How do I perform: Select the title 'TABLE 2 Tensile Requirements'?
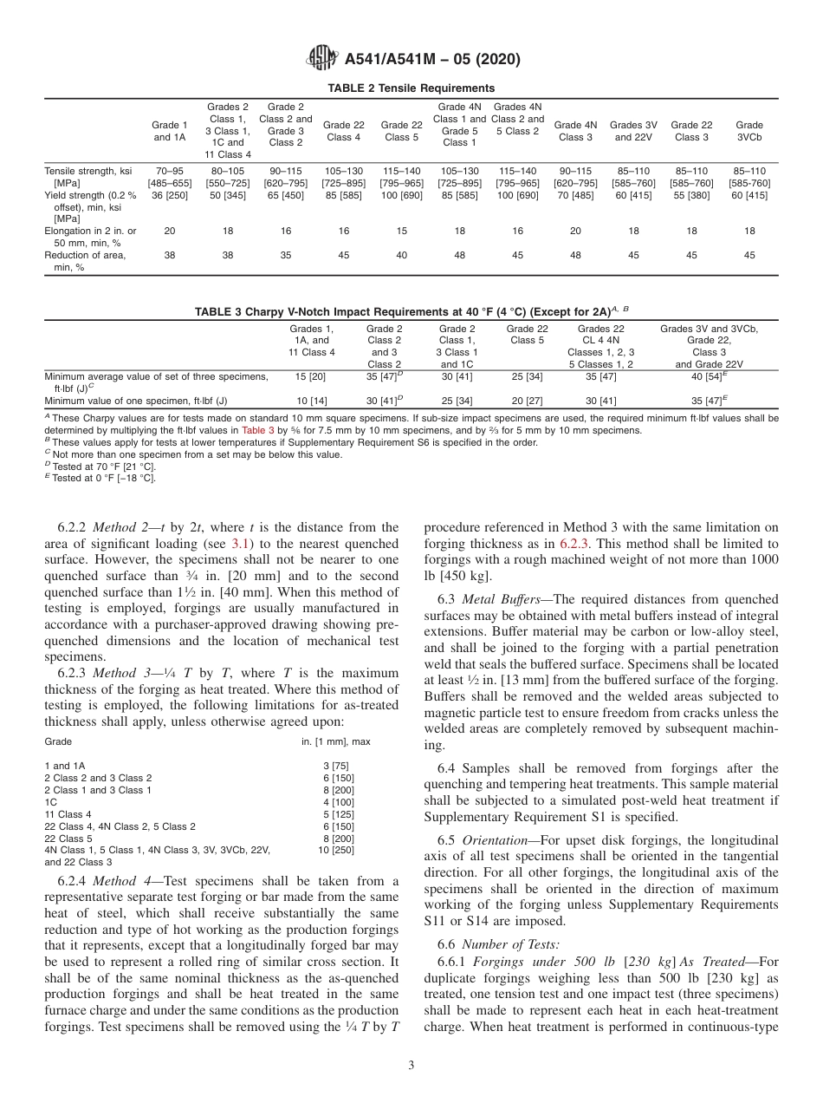pos(411,88)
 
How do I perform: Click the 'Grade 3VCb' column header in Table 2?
pos(748,131)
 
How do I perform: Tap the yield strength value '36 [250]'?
pos(169,195)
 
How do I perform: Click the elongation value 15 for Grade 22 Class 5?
pos(401,232)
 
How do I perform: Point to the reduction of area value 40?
pos(401,256)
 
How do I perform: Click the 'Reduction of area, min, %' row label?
pos(84,261)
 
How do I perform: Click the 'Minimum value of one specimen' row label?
pos(135,401)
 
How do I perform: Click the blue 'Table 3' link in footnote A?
pos(257,430)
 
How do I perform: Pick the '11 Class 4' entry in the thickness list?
pos(68,814)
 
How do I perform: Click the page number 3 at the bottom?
pos(411,1066)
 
